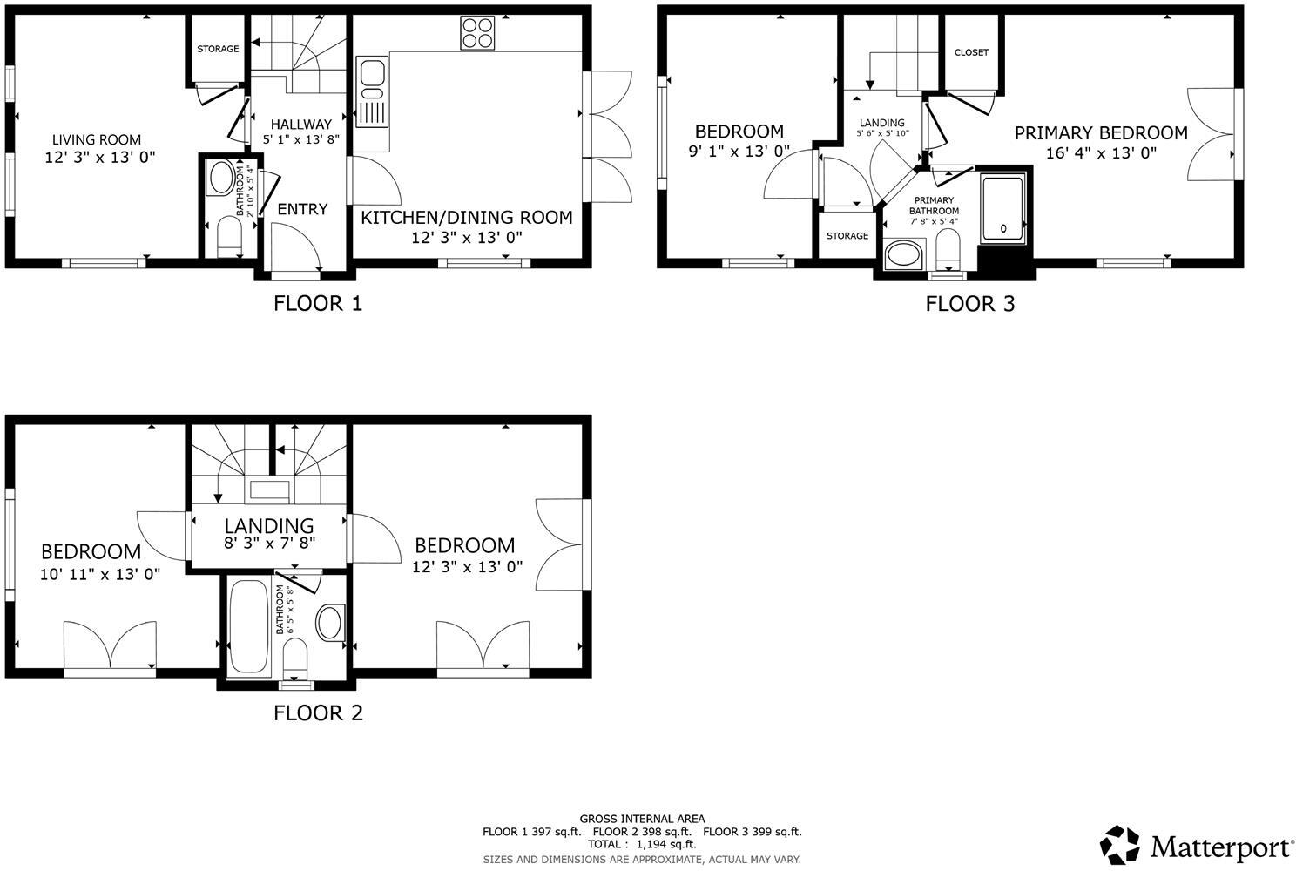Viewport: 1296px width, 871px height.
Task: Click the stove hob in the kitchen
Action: pos(477,33)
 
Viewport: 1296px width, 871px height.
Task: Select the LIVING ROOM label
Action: pos(96,139)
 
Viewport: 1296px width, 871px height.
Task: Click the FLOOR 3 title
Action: pos(969,304)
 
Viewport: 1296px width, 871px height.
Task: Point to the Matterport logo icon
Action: pos(1119,845)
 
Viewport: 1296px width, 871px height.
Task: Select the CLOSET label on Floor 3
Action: pos(971,52)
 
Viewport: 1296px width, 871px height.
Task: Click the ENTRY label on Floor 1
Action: pos(302,209)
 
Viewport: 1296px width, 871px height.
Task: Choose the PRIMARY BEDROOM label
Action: pos(1100,133)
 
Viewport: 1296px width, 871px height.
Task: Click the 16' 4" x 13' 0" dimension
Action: pos(1101,153)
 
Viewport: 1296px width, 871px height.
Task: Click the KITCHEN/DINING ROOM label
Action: pos(467,217)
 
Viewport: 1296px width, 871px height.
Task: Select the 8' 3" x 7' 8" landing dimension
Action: pos(269,543)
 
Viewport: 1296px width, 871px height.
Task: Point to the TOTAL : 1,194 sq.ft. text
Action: pos(642,844)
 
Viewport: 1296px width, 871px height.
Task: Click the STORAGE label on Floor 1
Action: pos(218,49)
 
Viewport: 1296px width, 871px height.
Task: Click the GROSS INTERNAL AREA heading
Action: pos(642,819)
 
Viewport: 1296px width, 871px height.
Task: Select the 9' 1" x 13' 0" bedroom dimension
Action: pos(739,152)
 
